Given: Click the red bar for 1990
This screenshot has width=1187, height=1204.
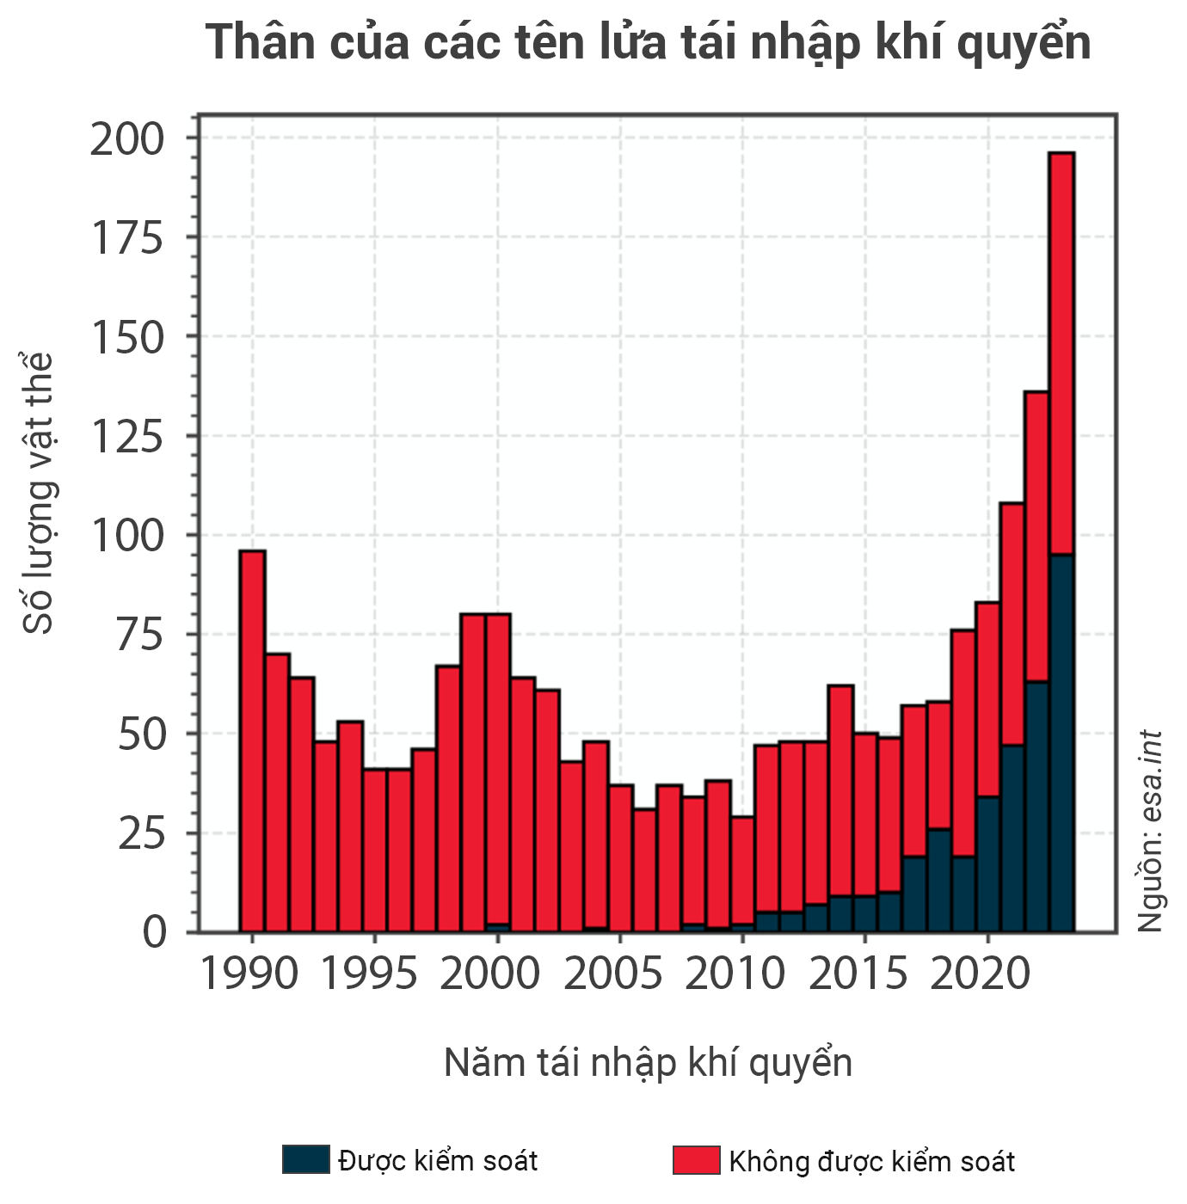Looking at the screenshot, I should point(252,740).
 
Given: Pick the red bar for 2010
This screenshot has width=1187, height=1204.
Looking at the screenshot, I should point(742,869).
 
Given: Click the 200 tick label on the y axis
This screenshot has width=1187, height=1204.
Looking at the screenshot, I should point(127,139).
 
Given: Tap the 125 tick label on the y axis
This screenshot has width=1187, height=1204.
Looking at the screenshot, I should point(127,437).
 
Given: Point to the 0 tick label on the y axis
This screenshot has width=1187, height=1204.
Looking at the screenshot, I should point(155,932).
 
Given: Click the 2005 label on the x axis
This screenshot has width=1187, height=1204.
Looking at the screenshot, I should point(613,974).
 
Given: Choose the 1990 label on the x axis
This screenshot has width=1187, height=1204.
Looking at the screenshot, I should point(249,974).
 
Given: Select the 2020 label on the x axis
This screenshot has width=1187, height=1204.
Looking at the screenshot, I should point(981,974).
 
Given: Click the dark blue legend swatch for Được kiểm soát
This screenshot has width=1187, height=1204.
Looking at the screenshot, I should point(305,1159).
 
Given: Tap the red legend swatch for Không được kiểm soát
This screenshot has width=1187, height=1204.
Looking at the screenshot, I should point(696,1159).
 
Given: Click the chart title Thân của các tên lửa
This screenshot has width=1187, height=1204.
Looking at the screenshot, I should point(648,42).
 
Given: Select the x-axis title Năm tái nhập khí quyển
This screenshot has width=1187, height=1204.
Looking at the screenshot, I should point(648,1063).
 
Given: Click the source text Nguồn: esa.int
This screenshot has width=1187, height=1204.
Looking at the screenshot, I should point(1150,831).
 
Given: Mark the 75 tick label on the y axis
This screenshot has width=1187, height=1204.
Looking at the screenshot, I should point(139,636).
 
